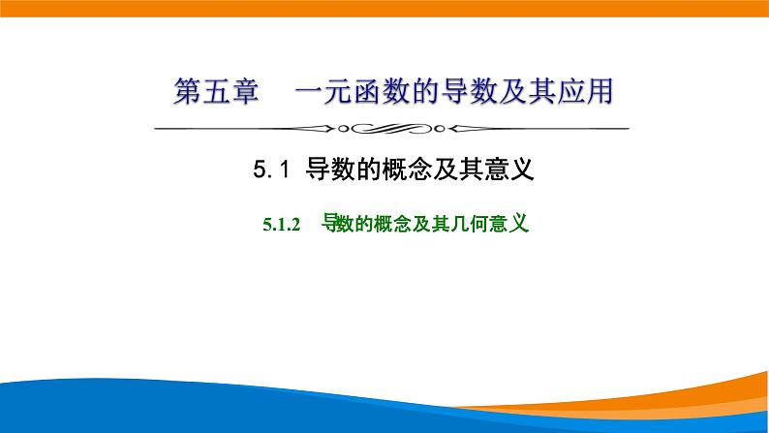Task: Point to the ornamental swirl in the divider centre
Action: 384,128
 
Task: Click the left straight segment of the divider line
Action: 232,128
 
